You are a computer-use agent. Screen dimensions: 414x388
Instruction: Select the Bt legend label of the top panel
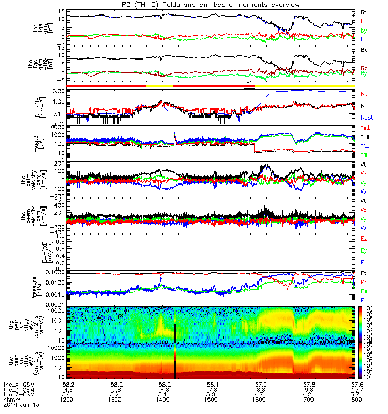tap(363, 12)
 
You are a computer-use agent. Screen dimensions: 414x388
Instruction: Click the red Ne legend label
tap(364, 94)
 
